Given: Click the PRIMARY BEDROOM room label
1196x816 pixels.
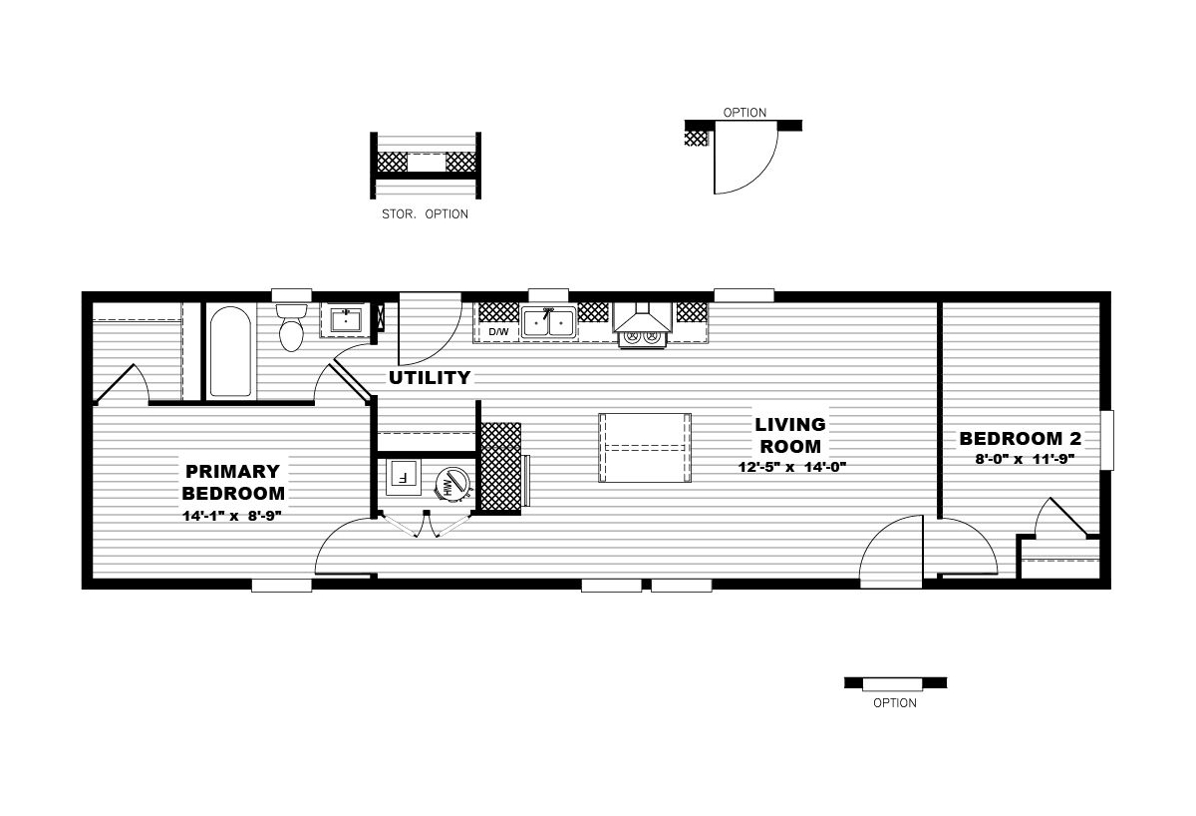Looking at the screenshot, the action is [233, 482].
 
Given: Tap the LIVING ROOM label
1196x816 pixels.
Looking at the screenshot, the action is [790, 435].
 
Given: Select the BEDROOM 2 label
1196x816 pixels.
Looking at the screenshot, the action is [1021, 439].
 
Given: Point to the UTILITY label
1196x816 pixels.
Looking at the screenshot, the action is [430, 378].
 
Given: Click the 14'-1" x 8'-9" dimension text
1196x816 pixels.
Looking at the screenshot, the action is [231, 516].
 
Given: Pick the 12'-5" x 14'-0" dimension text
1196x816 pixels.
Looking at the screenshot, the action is [792, 467].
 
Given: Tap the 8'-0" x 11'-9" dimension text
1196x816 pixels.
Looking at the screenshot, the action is [1025, 459].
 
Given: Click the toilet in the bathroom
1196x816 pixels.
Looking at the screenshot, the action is [291, 327].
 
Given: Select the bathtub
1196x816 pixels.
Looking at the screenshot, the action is [230, 351].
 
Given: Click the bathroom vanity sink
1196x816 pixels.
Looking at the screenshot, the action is [346, 320].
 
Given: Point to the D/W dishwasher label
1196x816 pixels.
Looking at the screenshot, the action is [498, 332].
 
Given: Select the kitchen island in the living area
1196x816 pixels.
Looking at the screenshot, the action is [645, 448].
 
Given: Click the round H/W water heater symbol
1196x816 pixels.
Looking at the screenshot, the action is [452, 484].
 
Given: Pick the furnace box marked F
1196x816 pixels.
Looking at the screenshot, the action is [403, 477].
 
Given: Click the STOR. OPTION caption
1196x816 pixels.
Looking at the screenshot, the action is [425, 214].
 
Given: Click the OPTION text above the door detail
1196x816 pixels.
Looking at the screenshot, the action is [745, 113].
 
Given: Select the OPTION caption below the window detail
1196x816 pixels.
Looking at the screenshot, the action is [895, 703].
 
